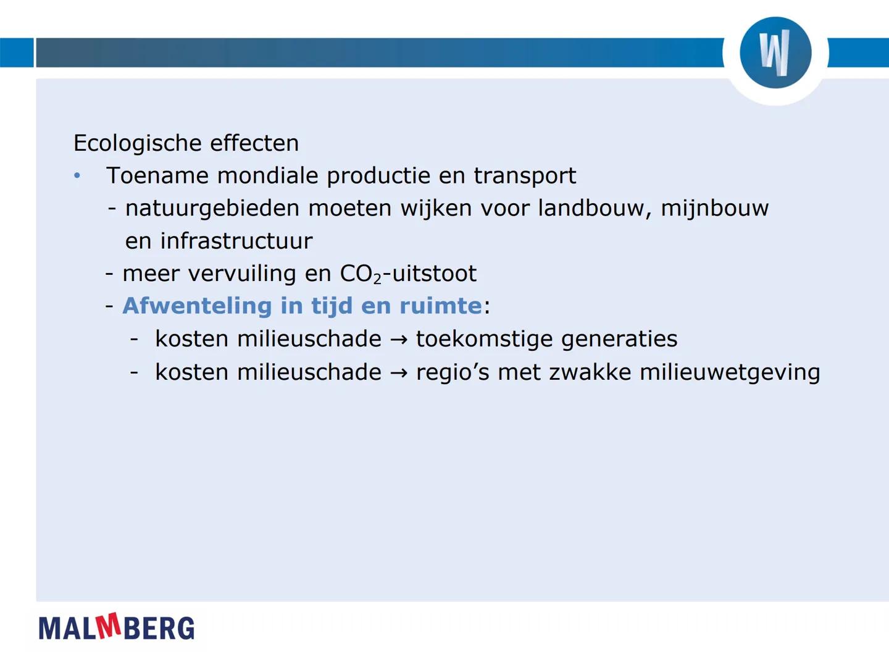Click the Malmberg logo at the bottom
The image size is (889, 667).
tap(116, 627)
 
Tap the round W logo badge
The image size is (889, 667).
tap(775, 52)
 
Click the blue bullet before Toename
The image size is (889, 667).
tap(77, 176)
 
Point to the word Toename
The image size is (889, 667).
tap(157, 176)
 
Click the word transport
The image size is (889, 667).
tap(524, 176)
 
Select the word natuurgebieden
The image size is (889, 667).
tap(212, 209)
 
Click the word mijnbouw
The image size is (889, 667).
tap(714, 209)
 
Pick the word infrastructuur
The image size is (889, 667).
tap(236, 241)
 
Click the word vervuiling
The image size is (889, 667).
tap(233, 274)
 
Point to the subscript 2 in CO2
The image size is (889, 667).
tap(377, 279)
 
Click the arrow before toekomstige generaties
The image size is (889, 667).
tap(399, 340)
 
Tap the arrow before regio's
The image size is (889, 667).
tap(399, 373)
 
